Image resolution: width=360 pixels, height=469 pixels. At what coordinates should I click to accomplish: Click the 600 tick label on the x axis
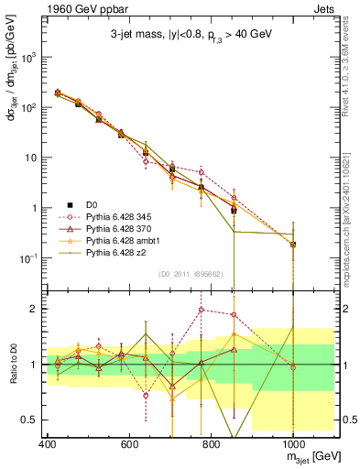(x=129, y=444)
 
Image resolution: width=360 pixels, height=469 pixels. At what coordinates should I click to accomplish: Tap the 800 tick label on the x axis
(x=211, y=444)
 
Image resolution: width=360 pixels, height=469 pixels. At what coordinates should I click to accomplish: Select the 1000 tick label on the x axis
(x=291, y=444)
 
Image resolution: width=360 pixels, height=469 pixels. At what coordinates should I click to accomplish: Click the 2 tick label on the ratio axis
(x=33, y=309)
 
